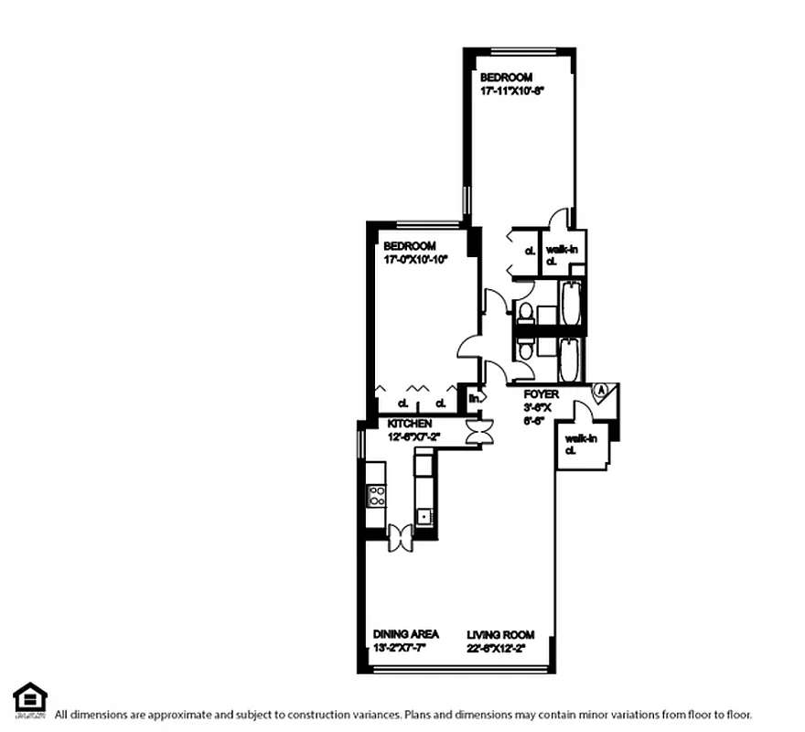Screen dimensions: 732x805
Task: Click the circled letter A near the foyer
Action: [600, 389]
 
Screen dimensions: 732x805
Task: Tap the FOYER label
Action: [541, 394]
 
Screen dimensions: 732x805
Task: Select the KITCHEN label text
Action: [409, 425]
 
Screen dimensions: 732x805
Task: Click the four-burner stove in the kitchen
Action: [376, 496]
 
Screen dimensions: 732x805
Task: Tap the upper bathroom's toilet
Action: [524, 313]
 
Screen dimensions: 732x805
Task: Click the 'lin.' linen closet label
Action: [476, 399]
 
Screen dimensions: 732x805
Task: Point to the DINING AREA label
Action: [405, 634]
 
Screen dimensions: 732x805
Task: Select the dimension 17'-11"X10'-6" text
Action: [512, 91]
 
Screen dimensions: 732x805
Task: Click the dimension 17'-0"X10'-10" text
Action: [415, 259]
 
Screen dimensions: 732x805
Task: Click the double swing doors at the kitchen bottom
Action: [401, 537]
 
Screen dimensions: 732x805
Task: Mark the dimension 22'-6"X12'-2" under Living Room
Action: [508, 648]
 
